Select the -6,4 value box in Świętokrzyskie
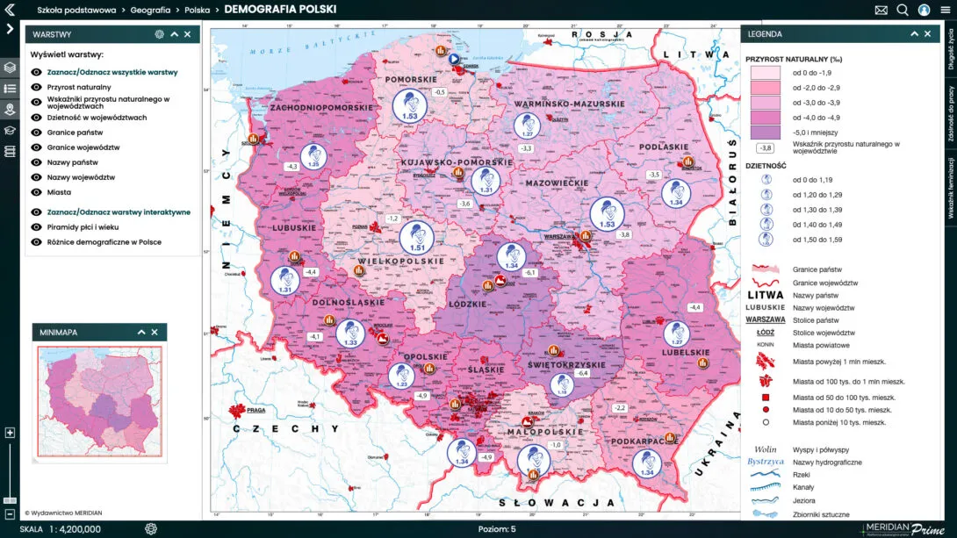point(580,373)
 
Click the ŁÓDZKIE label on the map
point(468,304)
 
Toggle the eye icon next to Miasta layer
point(36,191)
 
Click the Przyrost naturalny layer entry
point(79,87)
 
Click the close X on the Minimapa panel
point(155,333)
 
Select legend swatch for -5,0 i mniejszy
point(764,132)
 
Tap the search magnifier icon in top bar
point(903,10)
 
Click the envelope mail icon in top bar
point(881,10)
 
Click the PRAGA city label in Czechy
point(255,410)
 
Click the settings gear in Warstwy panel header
point(159,34)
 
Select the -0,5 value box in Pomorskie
point(440,92)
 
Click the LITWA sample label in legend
point(764,296)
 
